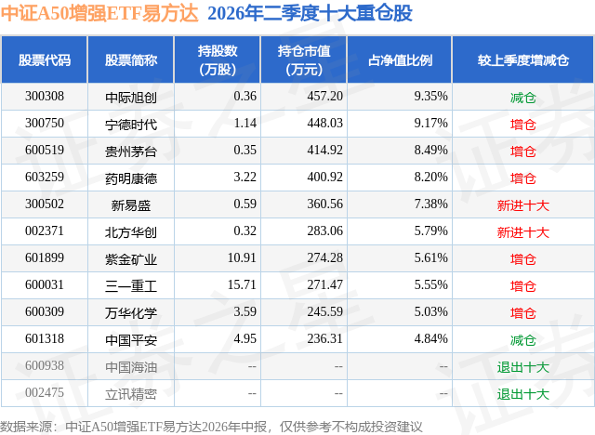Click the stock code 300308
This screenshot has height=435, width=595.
(x=45, y=97)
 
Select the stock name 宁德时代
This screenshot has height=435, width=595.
(x=131, y=124)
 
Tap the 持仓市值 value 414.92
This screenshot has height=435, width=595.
(x=324, y=151)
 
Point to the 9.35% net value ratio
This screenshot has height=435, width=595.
(x=430, y=97)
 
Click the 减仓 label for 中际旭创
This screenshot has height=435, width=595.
(x=522, y=98)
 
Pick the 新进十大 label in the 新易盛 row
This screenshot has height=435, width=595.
(x=522, y=205)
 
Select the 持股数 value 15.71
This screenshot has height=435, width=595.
(x=242, y=284)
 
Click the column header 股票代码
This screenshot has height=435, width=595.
(x=45, y=59)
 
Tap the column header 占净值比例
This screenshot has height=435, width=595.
(x=400, y=59)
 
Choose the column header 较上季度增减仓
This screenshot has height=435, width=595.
(x=522, y=59)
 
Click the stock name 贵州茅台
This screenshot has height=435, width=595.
(x=131, y=151)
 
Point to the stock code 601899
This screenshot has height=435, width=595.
(x=45, y=257)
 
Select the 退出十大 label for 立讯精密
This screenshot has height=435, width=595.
(x=522, y=394)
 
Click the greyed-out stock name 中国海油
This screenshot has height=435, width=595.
(x=131, y=367)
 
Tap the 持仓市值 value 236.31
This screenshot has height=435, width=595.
(x=324, y=338)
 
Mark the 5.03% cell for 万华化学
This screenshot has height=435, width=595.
(x=430, y=311)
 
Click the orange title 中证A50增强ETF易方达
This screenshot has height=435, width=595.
(x=99, y=13)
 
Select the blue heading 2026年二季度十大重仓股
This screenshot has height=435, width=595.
(x=310, y=13)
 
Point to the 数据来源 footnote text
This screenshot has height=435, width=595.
(x=211, y=427)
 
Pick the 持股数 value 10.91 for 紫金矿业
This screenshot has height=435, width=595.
(x=242, y=257)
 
